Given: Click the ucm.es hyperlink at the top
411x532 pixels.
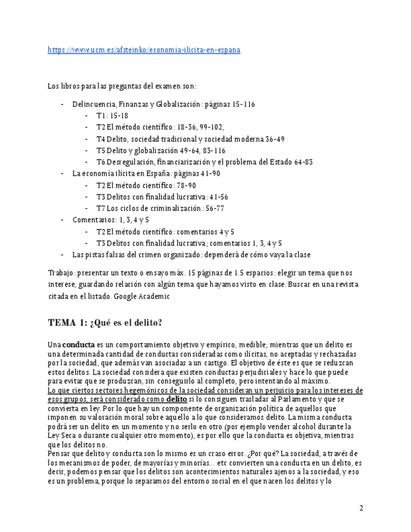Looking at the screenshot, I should coord(144,50).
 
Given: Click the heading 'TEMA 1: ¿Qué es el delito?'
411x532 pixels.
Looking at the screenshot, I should coord(105,322).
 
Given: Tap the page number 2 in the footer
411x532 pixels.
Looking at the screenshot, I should coord(361,508).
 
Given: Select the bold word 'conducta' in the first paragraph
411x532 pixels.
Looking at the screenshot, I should coord(78,345).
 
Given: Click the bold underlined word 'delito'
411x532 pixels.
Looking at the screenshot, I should coord(176,399).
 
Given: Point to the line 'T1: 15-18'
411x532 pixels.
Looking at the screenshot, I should coord(112,116).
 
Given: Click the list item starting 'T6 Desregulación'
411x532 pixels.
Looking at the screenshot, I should coord(204,162).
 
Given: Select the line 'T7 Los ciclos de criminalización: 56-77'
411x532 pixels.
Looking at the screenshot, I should coord(160,208).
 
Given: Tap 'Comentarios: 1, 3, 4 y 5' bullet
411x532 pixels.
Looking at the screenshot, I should coord(110,220).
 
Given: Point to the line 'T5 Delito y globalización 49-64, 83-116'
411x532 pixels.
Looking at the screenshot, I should coord(161,151).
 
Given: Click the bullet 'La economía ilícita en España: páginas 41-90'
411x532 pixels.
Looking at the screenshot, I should coord(146,173).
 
